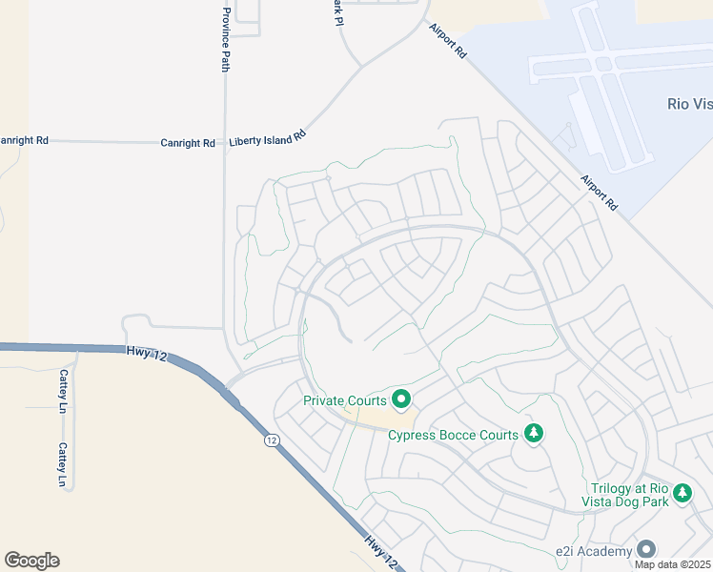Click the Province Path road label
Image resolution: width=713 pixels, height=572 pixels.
pyautogui.click(x=226, y=40)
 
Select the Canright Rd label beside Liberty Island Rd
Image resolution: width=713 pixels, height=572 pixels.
pyautogui.click(x=188, y=143)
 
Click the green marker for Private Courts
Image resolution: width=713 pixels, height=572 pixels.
pyautogui.click(x=401, y=398)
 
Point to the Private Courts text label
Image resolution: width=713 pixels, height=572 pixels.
pyautogui.click(x=345, y=400)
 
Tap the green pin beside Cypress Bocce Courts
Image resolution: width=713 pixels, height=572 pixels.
pyautogui.click(x=534, y=435)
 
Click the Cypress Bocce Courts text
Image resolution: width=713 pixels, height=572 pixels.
pyautogui.click(x=453, y=436)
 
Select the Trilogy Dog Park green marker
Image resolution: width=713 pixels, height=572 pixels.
pyautogui.click(x=682, y=492)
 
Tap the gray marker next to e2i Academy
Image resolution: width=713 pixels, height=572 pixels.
pyautogui.click(x=647, y=549)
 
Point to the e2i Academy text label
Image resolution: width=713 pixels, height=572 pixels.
pyautogui.click(x=595, y=552)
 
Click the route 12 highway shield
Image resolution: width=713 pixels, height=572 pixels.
pyautogui.click(x=273, y=440)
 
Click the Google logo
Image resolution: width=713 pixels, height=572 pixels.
pyautogui.click(x=31, y=561)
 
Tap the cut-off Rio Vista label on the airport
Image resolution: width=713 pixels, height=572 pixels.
pyautogui.click(x=687, y=104)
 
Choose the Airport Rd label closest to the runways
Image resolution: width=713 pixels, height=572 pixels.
pyautogui.click(x=600, y=193)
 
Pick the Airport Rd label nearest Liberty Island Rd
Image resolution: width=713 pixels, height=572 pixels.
pyautogui.click(x=447, y=43)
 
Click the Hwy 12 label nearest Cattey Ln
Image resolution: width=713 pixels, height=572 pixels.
pyautogui.click(x=146, y=355)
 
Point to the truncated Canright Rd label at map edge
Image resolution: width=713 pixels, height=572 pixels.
pyautogui.click(x=24, y=139)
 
